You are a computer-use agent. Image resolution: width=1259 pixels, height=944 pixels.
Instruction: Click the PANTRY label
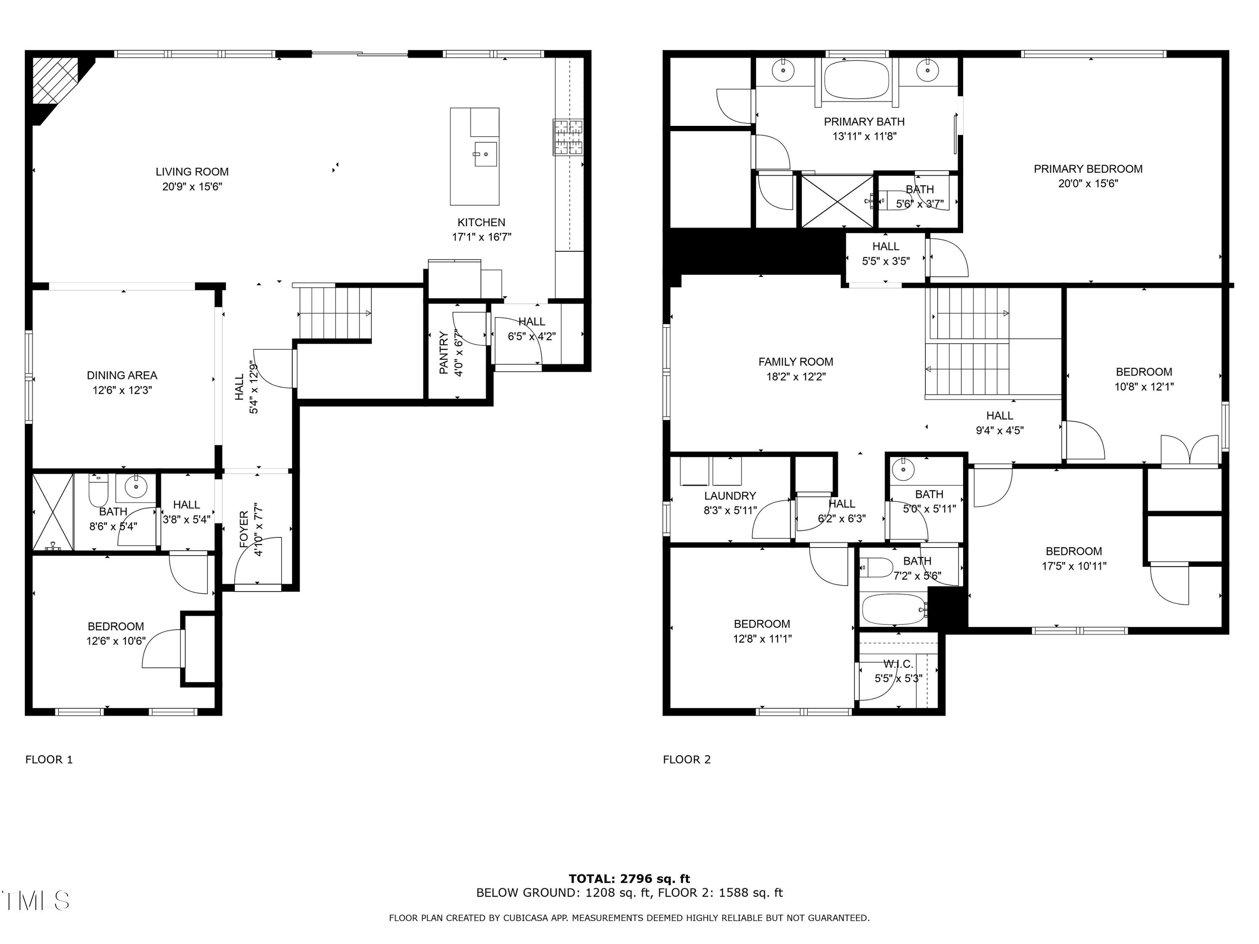[444, 353]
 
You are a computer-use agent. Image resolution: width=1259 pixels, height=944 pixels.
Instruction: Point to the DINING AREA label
[122, 376]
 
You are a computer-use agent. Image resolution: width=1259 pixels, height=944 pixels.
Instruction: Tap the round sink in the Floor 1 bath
[136, 487]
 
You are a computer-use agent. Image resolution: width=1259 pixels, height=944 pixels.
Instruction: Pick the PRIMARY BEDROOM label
[1088, 169]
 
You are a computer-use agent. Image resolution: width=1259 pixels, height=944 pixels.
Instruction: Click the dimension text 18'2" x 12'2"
[796, 377]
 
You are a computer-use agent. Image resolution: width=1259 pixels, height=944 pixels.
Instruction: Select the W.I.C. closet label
[898, 664]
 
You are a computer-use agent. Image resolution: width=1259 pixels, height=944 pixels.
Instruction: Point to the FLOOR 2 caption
[687, 760]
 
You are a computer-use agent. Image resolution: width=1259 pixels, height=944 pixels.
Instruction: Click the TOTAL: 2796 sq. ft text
[629, 879]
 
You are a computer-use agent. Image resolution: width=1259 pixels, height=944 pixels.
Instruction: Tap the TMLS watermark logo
[35, 901]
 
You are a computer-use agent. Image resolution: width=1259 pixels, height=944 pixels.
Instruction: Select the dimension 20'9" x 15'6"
[192, 187]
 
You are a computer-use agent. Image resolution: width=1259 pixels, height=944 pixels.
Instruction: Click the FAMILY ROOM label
[796, 362]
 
